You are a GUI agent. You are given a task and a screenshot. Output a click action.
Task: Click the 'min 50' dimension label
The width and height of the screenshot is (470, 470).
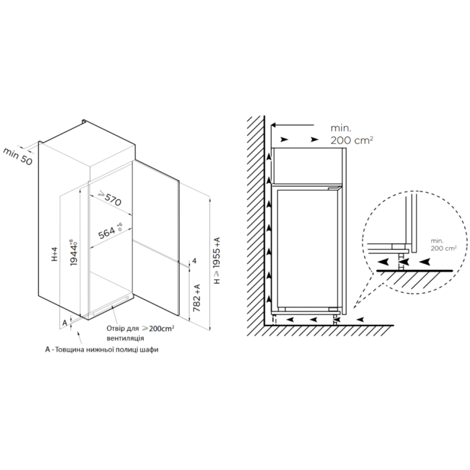(17, 156)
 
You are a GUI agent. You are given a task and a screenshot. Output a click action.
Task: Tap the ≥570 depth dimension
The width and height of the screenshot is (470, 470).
(110, 198)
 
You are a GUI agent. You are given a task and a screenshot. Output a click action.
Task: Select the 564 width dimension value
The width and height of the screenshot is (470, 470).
(107, 232)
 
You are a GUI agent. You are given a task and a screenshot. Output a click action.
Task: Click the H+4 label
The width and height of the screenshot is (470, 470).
(54, 254)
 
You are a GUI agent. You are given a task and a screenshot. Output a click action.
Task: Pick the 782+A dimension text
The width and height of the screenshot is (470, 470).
(197, 298)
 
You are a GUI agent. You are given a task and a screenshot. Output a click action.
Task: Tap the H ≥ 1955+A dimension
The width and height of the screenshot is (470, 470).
(217, 261)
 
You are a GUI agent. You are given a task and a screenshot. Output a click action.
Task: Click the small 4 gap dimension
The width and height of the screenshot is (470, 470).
(194, 261)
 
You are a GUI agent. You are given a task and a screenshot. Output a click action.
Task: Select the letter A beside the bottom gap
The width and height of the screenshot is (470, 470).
(64, 323)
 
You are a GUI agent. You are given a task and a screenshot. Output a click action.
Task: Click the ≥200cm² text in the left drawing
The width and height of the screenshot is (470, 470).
(158, 328)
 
